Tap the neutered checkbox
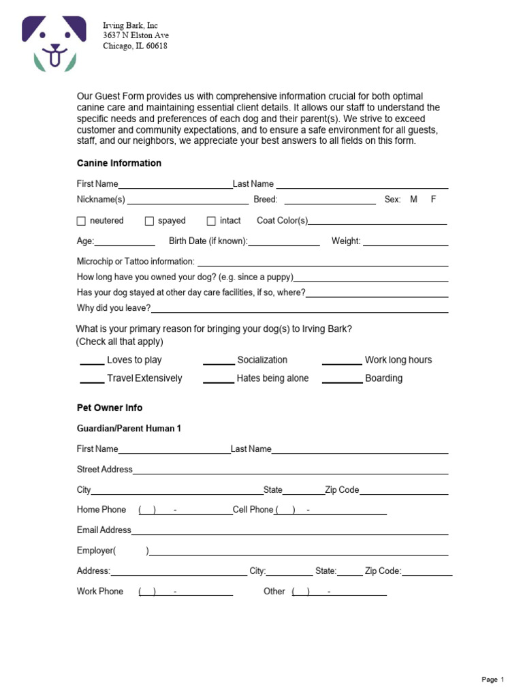(82, 221)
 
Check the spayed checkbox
(150, 221)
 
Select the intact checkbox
(211, 221)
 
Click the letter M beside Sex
(413, 200)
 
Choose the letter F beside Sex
(433, 200)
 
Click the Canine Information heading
(119, 164)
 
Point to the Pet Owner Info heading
(110, 408)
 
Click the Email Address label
(104, 530)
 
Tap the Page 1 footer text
(493, 680)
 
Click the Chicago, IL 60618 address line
(135, 46)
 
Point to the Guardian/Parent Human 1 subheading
(129, 429)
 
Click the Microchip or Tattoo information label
(136, 262)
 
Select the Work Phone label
(100, 591)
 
